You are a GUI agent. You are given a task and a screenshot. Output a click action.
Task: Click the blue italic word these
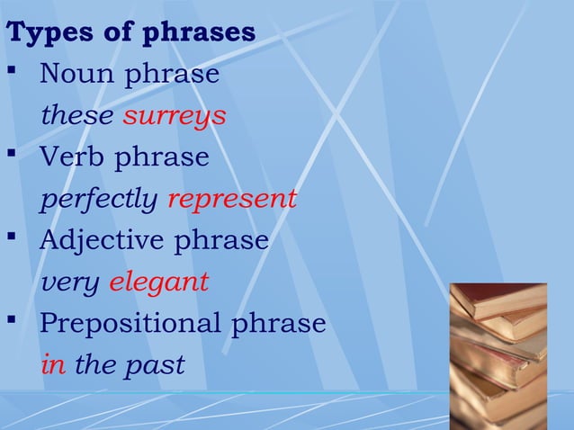pos(77,116)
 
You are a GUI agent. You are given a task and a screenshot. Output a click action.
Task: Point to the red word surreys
pos(175,116)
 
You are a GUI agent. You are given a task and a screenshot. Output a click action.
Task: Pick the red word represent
pos(232,199)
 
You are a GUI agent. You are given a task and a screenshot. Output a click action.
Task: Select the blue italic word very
pos(71,282)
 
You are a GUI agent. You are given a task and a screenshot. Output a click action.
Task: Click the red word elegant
pos(159,282)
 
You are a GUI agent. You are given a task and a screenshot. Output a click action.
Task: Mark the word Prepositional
pos(132,323)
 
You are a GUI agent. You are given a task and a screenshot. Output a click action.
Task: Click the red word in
pos(53,364)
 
